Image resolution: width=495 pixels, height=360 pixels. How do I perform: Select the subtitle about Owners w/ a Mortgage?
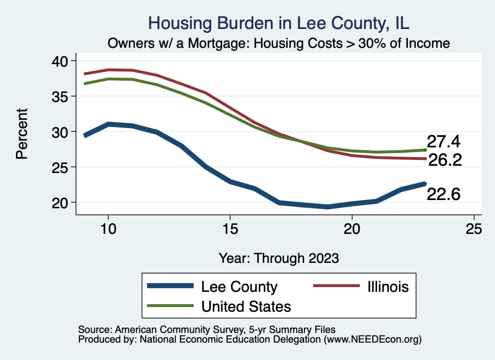[x=279, y=43]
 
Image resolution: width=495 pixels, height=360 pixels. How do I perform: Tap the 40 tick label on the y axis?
[x=60, y=61]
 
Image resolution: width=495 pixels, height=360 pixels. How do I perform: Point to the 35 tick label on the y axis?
[x=60, y=96]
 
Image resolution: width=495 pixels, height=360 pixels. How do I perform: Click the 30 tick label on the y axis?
[x=60, y=131]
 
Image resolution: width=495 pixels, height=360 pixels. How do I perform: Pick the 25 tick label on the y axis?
[x=60, y=167]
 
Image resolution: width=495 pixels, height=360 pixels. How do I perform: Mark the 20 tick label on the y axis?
[x=60, y=202]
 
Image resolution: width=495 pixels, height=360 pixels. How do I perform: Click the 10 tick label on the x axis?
[x=108, y=230]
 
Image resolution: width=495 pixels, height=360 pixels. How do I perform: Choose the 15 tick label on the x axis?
[x=230, y=230]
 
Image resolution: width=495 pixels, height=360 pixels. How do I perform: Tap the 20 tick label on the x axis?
[x=352, y=230]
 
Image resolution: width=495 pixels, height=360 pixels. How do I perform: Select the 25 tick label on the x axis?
[x=474, y=230]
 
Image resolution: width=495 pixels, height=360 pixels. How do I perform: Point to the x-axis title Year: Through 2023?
[x=279, y=258]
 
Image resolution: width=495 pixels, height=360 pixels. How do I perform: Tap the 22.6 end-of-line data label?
[x=443, y=194]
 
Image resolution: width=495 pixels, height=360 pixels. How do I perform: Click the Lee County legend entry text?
[x=239, y=287]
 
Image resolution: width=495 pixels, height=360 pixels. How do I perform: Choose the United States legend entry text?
[x=246, y=306]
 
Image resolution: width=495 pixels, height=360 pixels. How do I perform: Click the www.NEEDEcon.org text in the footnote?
[x=372, y=340]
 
